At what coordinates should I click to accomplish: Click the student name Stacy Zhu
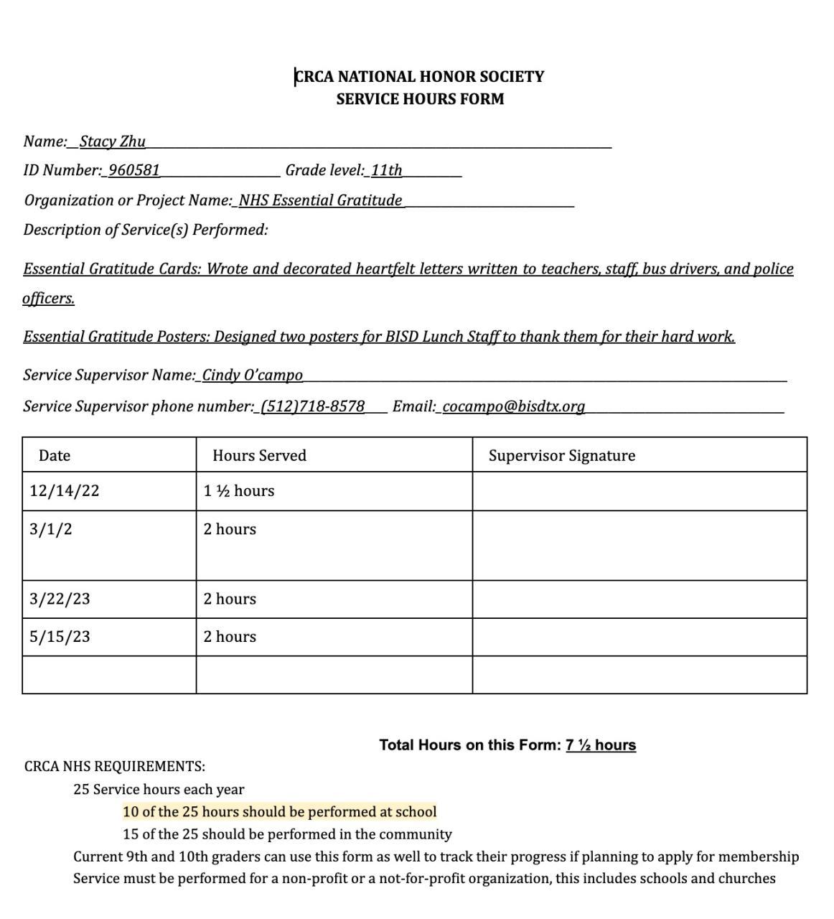pos(112,141)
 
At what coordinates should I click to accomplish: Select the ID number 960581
pos(133,171)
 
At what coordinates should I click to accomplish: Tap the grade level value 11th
pos(386,171)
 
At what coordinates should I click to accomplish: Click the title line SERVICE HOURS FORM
pos(420,99)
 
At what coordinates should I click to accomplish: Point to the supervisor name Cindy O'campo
pos(252,375)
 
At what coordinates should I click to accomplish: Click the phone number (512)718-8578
pos(312,407)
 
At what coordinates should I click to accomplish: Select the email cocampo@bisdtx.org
pos(513,407)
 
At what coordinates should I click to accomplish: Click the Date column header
pos(55,456)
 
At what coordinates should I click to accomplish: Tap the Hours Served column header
pos(259,456)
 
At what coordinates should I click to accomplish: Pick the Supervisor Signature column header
pos(561,456)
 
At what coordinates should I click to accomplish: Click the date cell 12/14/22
pos(65,491)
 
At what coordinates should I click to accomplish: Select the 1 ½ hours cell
pos(239,491)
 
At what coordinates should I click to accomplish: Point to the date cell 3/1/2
pos(51,530)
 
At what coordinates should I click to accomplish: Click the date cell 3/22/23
pos(60,600)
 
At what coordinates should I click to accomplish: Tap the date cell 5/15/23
pos(60,637)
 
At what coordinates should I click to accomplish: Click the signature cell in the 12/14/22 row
pos(639,491)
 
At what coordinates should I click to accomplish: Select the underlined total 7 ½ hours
pos(600,745)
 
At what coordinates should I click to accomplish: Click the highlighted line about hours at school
pos(279,812)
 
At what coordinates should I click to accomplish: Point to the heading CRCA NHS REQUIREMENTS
pos(115,767)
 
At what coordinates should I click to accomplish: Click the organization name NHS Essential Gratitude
pos(320,201)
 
